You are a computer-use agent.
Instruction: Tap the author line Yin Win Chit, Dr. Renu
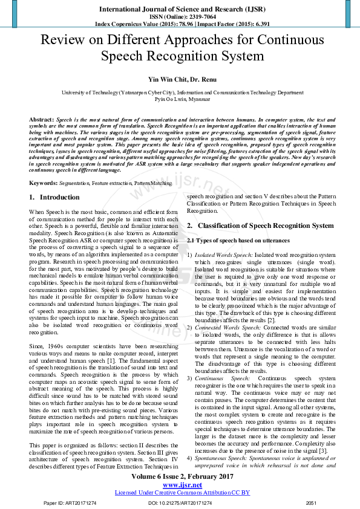pyautogui.click(x=180, y=80)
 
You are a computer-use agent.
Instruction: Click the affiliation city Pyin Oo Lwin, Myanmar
pyautogui.click(x=180, y=99)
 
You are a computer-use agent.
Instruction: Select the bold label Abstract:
pyautogui.click(x=41, y=120)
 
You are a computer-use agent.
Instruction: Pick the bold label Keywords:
pyautogui.click(x=44, y=183)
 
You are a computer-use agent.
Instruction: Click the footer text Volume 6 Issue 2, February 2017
pyautogui.click(x=180, y=478)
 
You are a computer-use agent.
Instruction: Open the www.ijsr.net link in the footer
pyautogui.click(x=180, y=485)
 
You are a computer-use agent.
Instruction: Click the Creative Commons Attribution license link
pyautogui.click(x=180, y=492)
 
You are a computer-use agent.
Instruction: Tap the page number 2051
pyautogui.click(x=311, y=502)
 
